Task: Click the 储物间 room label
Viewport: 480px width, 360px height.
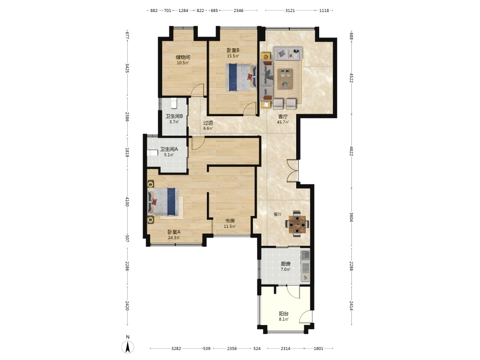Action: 183,57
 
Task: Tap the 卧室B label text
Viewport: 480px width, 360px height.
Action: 233,50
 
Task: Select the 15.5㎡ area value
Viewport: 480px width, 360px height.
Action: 233,56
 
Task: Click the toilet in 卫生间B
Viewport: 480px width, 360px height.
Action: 174,103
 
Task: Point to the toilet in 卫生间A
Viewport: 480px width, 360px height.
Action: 152,153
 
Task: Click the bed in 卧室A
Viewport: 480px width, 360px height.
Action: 163,202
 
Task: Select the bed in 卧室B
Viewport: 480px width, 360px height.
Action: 241,77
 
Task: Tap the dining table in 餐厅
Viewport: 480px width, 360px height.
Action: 297,224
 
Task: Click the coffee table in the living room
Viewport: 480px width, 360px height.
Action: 285,79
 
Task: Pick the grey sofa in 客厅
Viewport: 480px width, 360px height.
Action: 288,53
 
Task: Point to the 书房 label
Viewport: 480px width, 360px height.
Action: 230,221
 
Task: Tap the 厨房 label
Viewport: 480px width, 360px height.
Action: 286,264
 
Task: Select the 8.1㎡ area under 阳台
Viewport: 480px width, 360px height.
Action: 284,319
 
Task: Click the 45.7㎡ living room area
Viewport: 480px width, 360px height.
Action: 283,122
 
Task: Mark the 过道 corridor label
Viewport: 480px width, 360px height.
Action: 208,123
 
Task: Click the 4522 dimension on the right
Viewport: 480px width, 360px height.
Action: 351,78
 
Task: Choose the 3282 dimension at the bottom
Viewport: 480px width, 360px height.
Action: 176,348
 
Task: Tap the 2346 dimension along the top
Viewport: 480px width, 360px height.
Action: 239,11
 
